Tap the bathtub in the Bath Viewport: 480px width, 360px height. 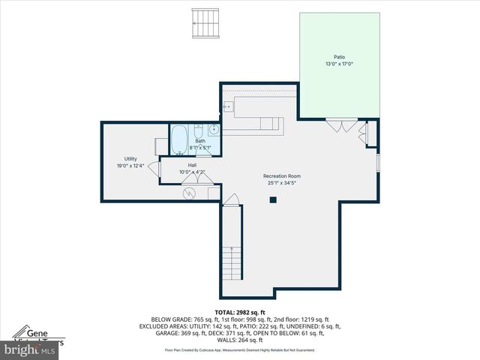180,139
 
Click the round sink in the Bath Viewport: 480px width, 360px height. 214,129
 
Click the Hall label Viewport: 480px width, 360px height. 192,165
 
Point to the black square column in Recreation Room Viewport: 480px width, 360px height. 273,199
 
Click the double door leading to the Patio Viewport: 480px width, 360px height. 340,125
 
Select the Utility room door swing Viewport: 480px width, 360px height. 152,169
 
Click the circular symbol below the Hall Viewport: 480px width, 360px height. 190,193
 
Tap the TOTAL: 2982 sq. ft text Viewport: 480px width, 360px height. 240,312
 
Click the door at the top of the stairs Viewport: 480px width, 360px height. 232,200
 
